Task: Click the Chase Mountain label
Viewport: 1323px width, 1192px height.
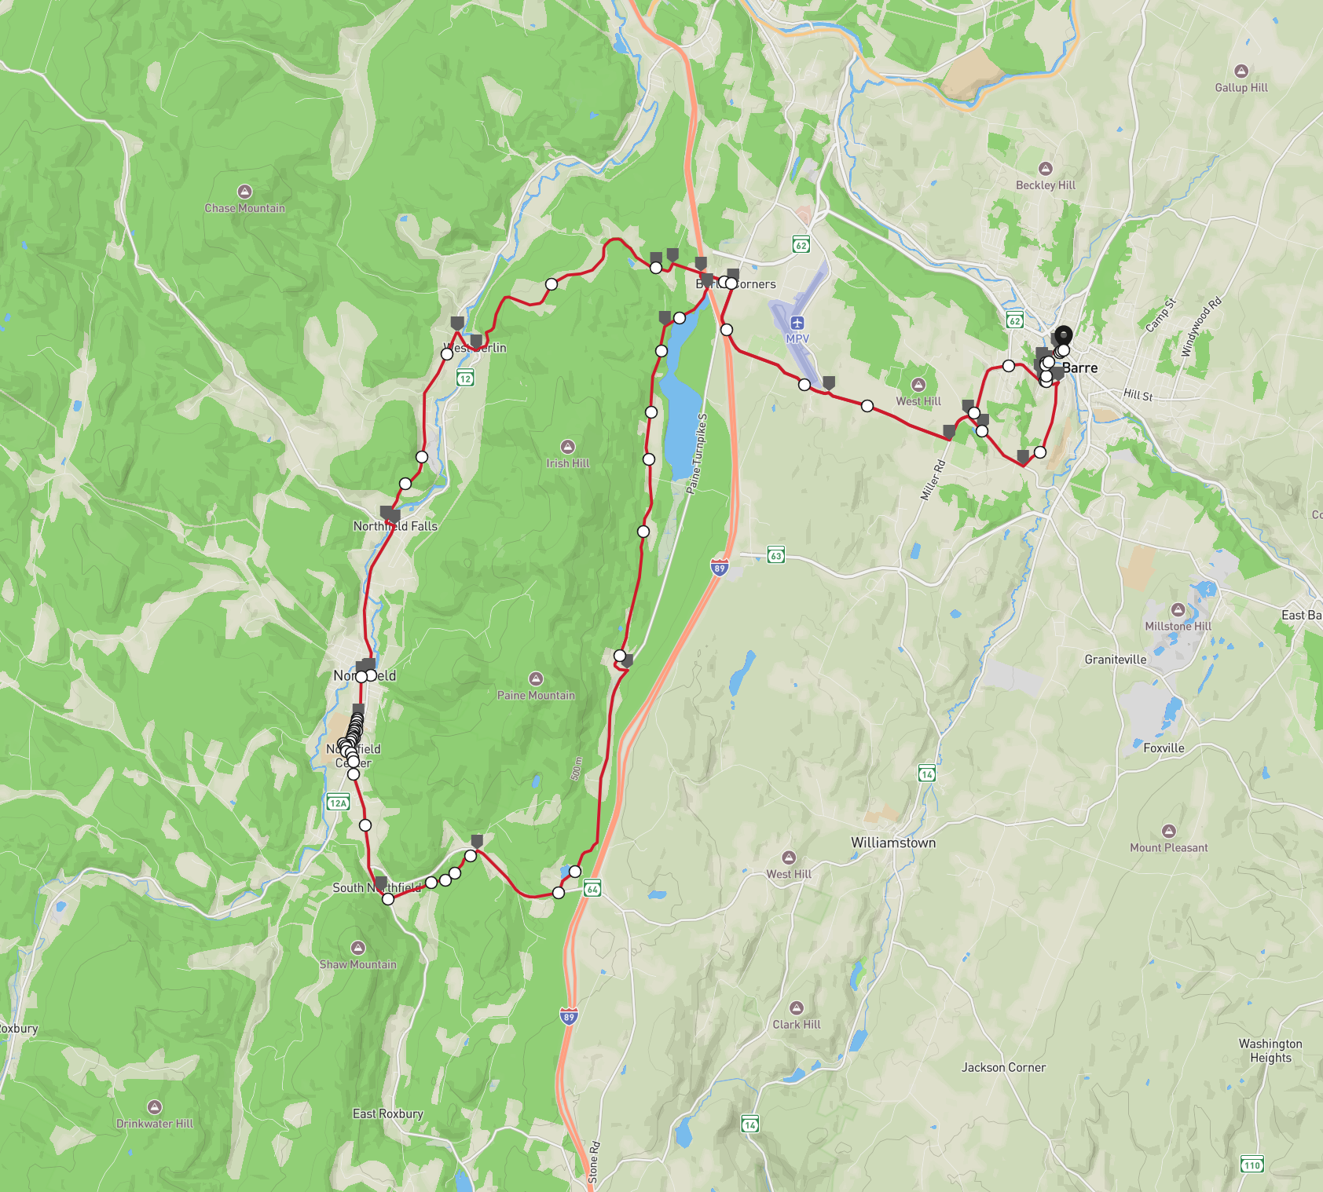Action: (244, 208)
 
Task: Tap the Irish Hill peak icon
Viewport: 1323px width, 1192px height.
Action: (568, 447)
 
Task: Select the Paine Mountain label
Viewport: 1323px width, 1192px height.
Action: (536, 695)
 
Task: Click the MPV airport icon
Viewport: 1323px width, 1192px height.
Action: (797, 323)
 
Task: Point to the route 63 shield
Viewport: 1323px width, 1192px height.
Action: (775, 555)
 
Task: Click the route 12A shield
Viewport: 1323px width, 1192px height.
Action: (338, 802)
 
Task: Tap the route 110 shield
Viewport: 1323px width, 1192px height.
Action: (1252, 1165)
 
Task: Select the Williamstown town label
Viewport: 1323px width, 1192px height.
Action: (893, 843)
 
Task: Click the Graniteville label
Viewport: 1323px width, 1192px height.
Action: (1115, 660)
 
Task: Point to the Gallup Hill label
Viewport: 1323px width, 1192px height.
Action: (1241, 88)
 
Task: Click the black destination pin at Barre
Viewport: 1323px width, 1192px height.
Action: (1063, 337)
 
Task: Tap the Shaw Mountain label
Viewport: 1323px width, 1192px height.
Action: (357, 964)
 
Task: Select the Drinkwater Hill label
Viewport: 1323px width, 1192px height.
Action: (155, 1124)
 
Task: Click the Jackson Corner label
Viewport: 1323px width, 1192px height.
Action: (1003, 1067)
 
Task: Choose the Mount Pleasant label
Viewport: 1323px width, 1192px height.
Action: (1168, 847)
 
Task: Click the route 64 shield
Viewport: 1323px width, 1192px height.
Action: (593, 889)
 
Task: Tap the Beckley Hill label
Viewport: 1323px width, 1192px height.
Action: (1045, 185)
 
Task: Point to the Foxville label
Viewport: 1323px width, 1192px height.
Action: (1164, 748)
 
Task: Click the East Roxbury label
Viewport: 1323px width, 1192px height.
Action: (387, 1113)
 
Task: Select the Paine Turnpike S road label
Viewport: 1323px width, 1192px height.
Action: (697, 454)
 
